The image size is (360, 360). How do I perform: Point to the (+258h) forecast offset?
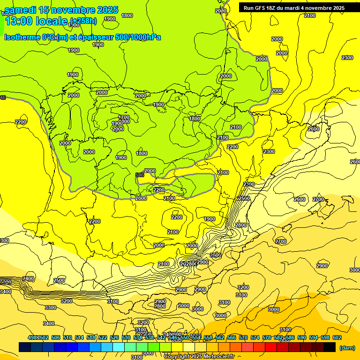83,21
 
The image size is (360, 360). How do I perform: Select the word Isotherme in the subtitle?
22,37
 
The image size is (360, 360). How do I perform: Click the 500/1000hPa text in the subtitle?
138,37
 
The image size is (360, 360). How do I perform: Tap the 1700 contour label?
124,117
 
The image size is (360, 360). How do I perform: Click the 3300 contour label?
50,307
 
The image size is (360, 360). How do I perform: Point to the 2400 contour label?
28,278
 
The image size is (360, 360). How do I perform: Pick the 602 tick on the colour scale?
337,337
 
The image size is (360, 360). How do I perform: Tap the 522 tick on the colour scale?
103,337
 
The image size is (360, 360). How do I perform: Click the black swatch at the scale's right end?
330,347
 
